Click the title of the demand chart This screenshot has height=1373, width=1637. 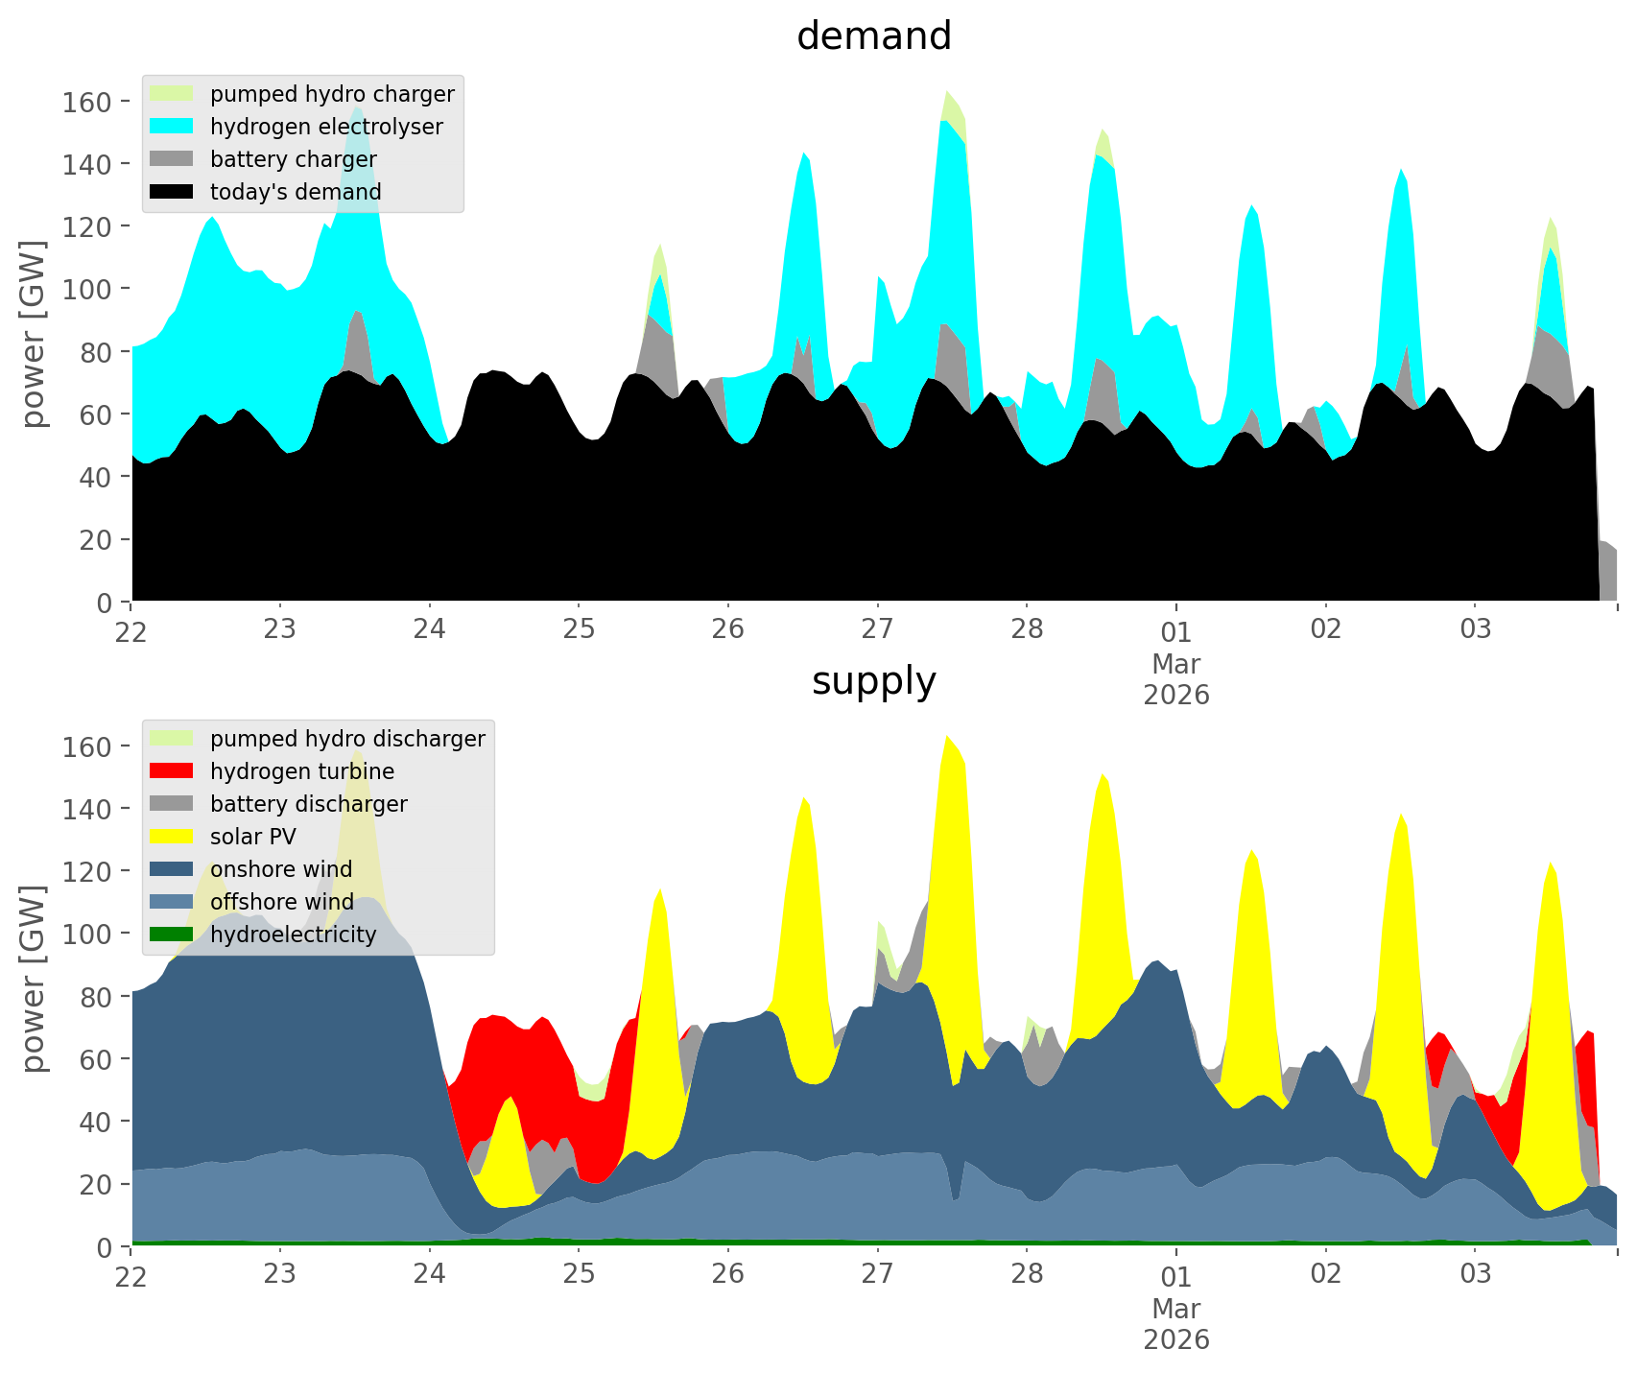coord(873,36)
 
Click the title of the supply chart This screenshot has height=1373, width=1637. coord(873,681)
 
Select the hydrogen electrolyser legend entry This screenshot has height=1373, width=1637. coord(326,127)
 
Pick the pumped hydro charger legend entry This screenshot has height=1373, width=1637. coord(332,94)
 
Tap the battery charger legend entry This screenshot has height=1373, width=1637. coord(293,159)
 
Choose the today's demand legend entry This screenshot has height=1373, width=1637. coord(296,192)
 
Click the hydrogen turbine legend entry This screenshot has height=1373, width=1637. coord(301,771)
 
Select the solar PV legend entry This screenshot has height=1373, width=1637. coord(252,837)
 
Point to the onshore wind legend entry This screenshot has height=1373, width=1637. coord(281,869)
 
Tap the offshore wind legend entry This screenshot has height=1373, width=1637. coord(281,902)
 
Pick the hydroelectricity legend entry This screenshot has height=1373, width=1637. coord(293,935)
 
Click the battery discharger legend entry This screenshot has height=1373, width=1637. coord(308,804)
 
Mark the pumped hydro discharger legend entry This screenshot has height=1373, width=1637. coord(347,739)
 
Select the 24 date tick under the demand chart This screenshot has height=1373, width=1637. coord(429,629)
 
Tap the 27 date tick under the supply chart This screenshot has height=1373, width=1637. coord(877,1274)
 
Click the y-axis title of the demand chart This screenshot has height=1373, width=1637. coord(34,334)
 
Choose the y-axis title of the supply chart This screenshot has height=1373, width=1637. coord(34,979)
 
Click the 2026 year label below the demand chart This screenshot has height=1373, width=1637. coord(1175,695)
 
